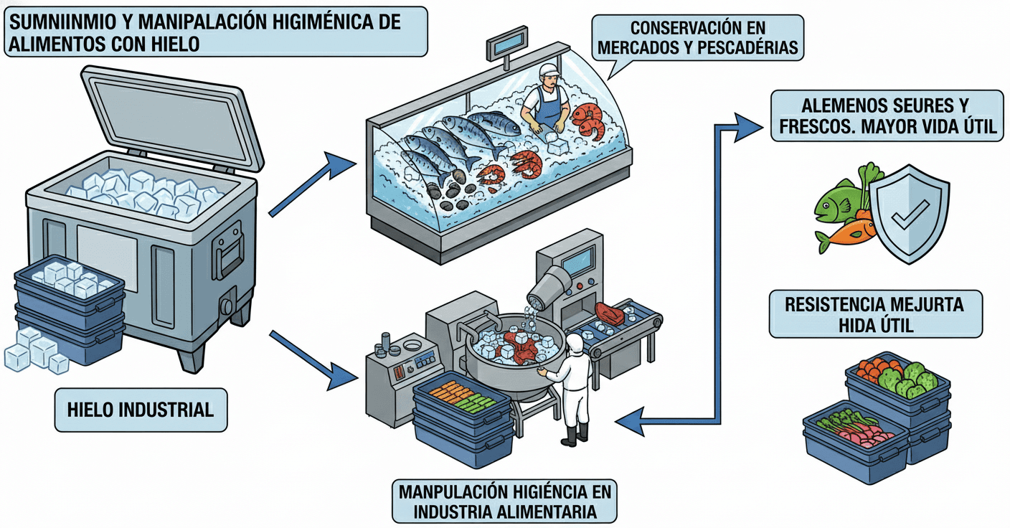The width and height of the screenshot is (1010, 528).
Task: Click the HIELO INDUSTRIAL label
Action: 140,410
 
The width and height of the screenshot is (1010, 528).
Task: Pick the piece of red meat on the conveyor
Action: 609,313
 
